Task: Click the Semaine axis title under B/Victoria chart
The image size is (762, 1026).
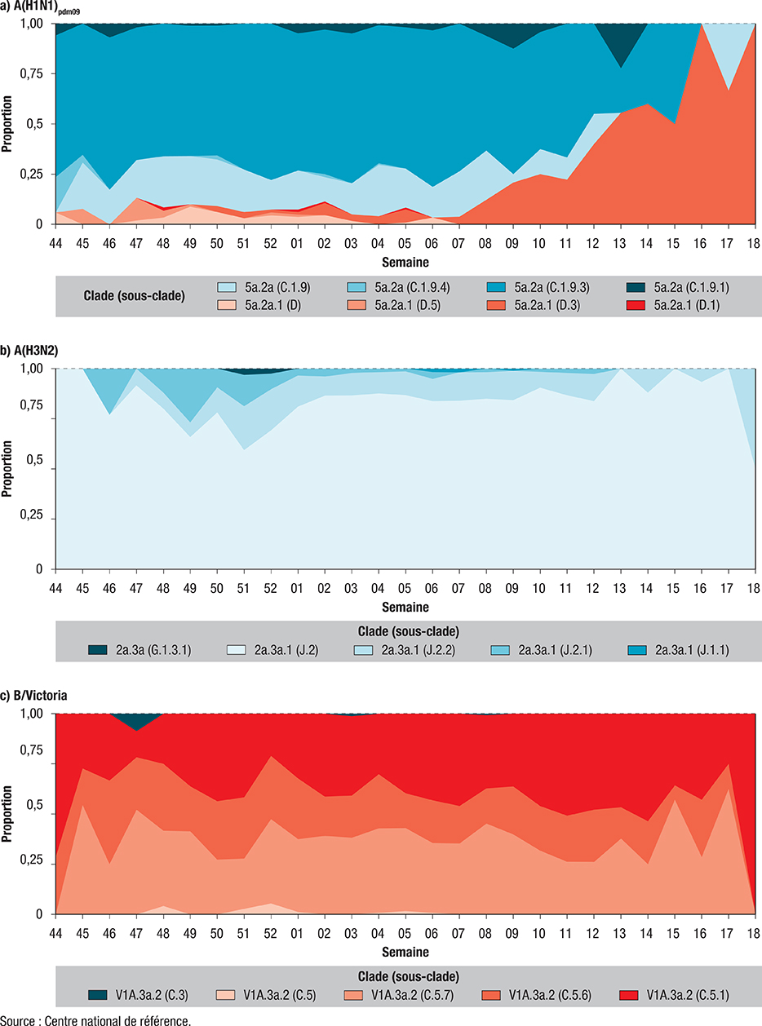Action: [405, 952]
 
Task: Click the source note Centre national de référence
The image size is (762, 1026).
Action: [99, 1020]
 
